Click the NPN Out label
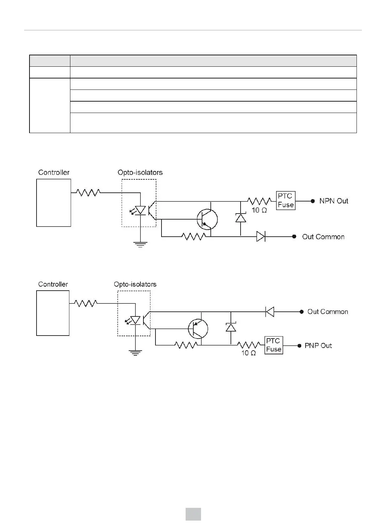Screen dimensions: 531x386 pos(334,201)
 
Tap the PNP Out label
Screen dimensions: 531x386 pos(318,346)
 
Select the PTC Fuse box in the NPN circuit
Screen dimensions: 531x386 pos(285,200)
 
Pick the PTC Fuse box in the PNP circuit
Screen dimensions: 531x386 pos(273,345)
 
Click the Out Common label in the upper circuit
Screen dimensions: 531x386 pos(323,237)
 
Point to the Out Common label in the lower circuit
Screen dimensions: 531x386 pos(328,312)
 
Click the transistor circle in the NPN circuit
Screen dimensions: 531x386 pos(207,219)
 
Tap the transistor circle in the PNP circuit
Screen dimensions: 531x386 pos(198,329)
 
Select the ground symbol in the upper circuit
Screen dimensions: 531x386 pos(140,244)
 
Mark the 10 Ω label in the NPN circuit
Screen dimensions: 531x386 pos(259,211)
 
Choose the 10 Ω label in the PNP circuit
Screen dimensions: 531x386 pos(249,353)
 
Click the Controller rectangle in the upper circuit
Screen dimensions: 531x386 pos(54,203)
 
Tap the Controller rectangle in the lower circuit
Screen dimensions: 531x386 pos(53,313)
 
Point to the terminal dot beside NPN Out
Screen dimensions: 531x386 pos(313,201)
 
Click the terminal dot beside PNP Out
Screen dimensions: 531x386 pos(299,346)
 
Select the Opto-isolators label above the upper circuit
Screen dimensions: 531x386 pos(140,173)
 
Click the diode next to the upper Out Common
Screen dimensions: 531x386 pos(261,236)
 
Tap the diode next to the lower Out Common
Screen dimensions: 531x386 pos(270,312)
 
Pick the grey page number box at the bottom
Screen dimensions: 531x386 pos(193,514)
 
